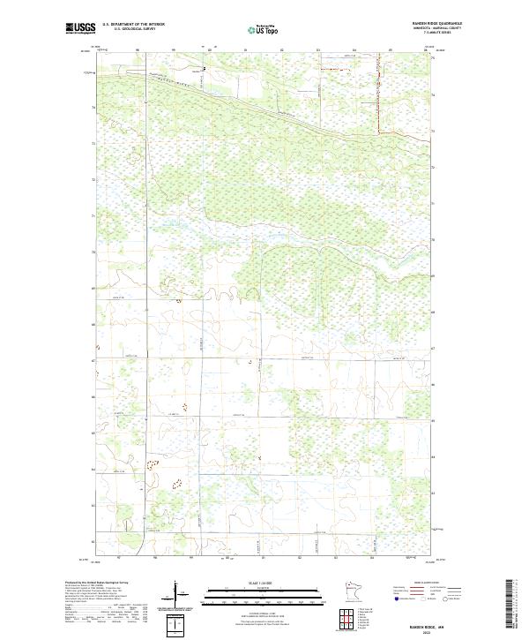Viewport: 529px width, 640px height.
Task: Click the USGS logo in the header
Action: pos(80,28)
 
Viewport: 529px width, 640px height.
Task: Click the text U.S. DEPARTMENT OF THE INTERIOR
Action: pos(133,25)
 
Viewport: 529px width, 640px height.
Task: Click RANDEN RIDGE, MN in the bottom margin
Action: pos(417,624)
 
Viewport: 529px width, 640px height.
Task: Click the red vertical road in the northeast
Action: pos(379,97)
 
